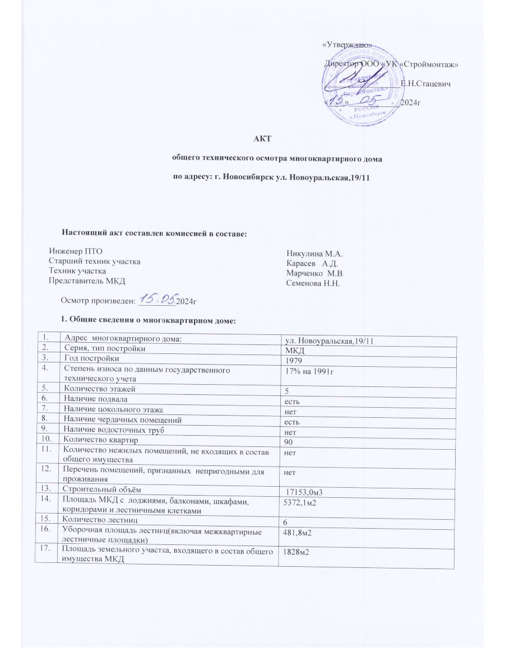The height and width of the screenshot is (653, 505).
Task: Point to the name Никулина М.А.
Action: click(310, 254)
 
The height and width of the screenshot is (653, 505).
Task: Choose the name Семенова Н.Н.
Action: click(313, 283)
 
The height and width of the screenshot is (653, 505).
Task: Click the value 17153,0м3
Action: click(311, 492)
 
